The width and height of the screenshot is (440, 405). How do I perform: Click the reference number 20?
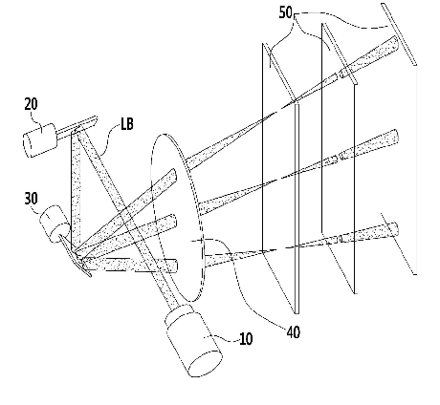pyautogui.click(x=31, y=104)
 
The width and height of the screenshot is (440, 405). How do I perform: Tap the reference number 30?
pyautogui.click(x=31, y=198)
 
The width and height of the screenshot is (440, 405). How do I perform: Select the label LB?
pyautogui.click(x=127, y=123)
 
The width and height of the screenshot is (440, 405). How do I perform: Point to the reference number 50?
pyautogui.click(x=286, y=12)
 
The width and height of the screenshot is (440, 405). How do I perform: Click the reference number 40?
pyautogui.click(x=294, y=332)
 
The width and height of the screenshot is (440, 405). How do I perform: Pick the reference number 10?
pyautogui.click(x=246, y=339)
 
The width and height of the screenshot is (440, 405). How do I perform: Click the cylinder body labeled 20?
pyautogui.click(x=40, y=140)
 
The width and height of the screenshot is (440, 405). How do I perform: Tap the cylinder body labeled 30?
pyautogui.click(x=55, y=224)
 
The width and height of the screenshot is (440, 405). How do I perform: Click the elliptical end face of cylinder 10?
pyautogui.click(x=206, y=363)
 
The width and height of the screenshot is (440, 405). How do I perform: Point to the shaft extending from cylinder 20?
pyautogui.click(x=77, y=127)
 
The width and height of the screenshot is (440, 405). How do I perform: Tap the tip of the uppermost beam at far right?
pyautogui.click(x=397, y=43)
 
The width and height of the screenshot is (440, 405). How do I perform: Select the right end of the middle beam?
pyautogui.click(x=396, y=137)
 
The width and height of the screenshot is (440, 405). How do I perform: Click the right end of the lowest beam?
pyautogui.click(x=395, y=229)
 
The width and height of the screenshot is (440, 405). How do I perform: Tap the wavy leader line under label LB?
pyautogui.click(x=108, y=140)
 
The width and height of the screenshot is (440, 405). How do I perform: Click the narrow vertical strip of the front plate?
pyautogui.click(x=297, y=208)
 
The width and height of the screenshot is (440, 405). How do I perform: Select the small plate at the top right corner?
pyautogui.click(x=399, y=34)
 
